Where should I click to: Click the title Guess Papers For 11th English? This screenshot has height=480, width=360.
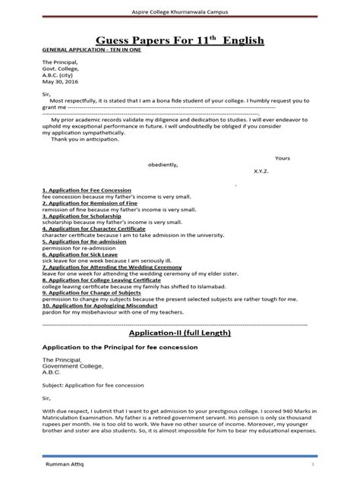pos(179,39)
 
